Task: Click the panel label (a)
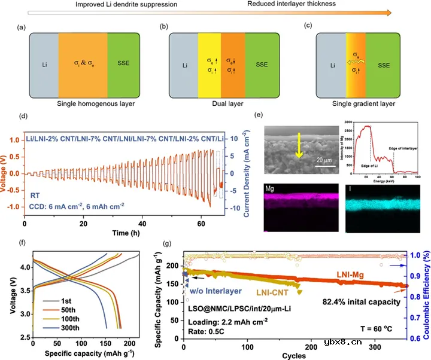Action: (x=22, y=26)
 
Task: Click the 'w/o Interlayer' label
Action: (x=213, y=291)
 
